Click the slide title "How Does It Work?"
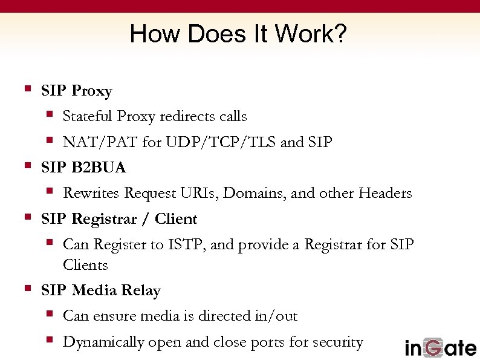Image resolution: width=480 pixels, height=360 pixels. pyautogui.click(x=238, y=34)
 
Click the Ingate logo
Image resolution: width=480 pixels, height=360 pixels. pyautogui.click(x=440, y=347)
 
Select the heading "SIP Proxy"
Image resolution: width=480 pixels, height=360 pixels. pyautogui.click(x=77, y=91)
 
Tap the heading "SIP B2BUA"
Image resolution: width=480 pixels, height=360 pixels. pyautogui.click(x=83, y=168)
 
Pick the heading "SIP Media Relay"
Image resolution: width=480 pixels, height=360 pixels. pyautogui.click(x=101, y=290)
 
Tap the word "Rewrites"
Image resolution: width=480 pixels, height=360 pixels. pyautogui.click(x=91, y=194)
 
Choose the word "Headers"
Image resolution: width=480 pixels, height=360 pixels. pyautogui.click(x=385, y=194)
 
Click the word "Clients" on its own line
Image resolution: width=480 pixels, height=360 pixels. pyautogui.click(x=85, y=265)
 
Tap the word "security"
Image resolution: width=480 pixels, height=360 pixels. pyautogui.click(x=338, y=342)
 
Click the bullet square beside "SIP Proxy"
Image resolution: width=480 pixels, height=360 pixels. pyautogui.click(x=27, y=89)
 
